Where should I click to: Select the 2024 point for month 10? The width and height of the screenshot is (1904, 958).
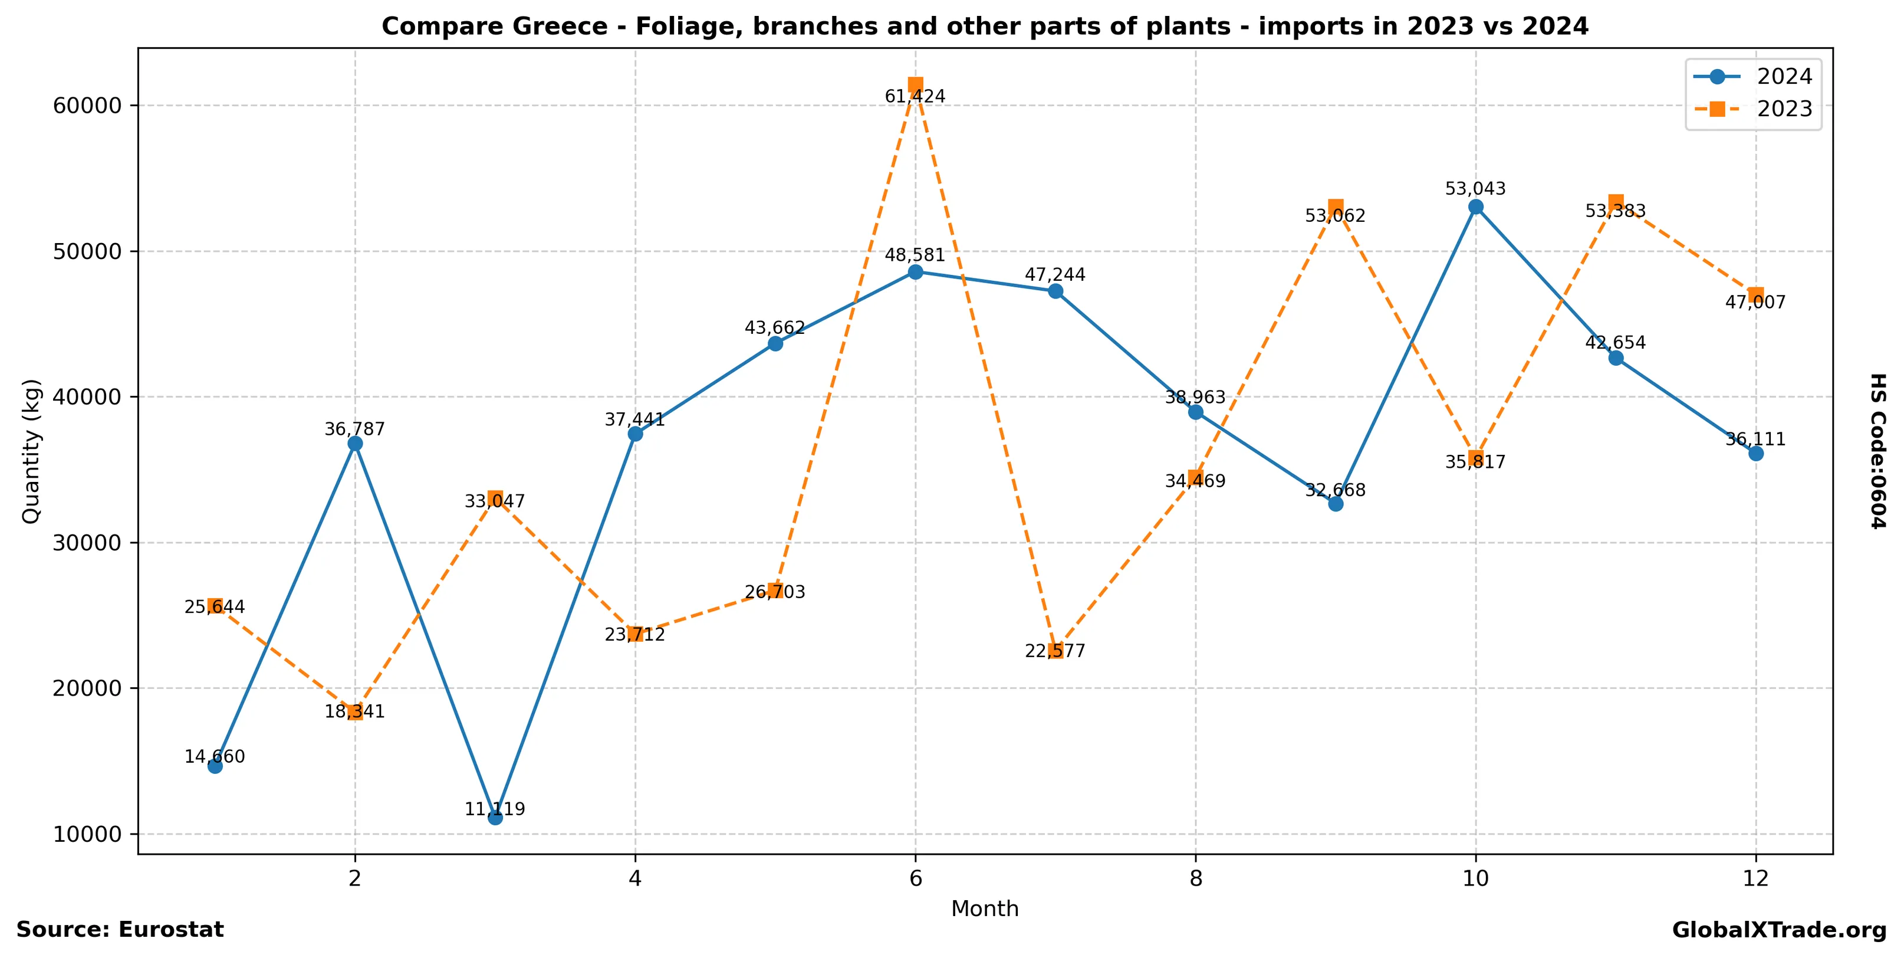(1475, 207)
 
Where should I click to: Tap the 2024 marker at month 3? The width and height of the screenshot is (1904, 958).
(495, 818)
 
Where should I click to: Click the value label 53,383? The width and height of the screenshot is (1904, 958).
(1615, 211)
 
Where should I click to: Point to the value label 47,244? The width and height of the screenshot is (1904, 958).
(1055, 275)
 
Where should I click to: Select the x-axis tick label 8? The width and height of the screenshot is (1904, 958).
(1195, 877)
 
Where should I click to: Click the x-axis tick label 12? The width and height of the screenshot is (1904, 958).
(1755, 877)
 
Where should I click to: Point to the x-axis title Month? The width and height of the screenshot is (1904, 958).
(985, 908)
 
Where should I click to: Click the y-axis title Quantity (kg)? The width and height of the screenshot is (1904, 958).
(31, 451)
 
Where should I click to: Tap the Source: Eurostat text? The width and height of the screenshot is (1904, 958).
(120, 929)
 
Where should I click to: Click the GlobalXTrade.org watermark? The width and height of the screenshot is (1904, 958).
(1779, 930)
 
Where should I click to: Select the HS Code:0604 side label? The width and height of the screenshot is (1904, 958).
(1878, 451)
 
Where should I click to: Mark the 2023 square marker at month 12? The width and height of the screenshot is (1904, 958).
(1755, 294)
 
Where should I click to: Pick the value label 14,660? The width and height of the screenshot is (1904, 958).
(215, 756)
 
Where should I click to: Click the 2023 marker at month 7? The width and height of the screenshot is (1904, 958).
(1055, 651)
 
